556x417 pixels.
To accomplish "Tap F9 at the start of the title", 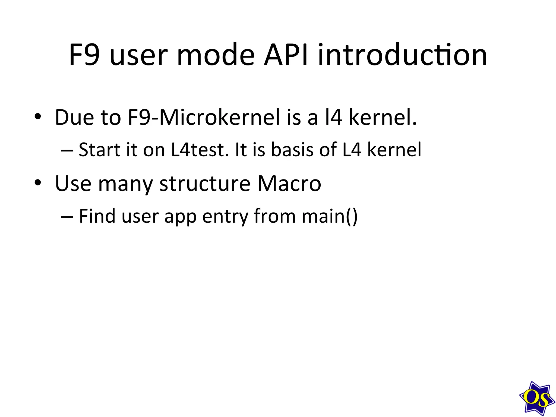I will tap(84, 55).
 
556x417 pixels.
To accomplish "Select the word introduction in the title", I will tap(402, 55).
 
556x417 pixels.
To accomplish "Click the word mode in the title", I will tap(216, 55).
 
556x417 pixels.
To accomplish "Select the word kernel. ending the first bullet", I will tap(383, 117).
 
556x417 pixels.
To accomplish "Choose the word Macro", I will tap(289, 184).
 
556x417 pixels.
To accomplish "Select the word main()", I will tap(330, 216).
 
